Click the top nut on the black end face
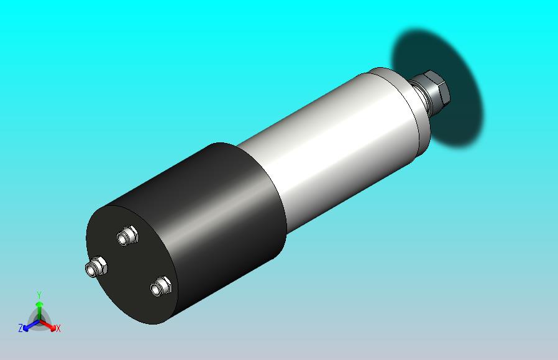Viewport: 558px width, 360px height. point(128,236)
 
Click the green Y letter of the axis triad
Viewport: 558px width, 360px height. point(39,295)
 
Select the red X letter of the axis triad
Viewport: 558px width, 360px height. point(58,328)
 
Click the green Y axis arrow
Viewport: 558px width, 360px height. point(39,308)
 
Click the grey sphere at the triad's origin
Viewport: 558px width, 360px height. point(39,320)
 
